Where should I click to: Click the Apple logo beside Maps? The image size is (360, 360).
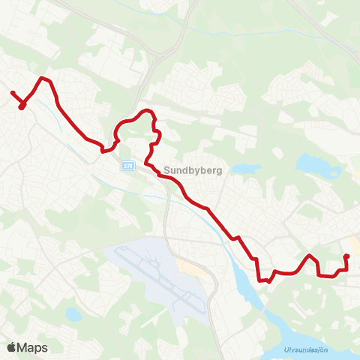tap(12, 347)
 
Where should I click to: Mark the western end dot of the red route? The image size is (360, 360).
tap(12, 93)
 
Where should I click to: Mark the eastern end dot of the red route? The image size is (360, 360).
tap(346, 257)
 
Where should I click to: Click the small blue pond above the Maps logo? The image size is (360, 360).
tap(72, 314)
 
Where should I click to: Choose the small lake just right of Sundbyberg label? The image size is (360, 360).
tap(244, 169)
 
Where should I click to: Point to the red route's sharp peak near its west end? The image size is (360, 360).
tap(43, 78)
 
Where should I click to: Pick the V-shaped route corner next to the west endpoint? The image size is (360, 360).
tap(22, 106)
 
